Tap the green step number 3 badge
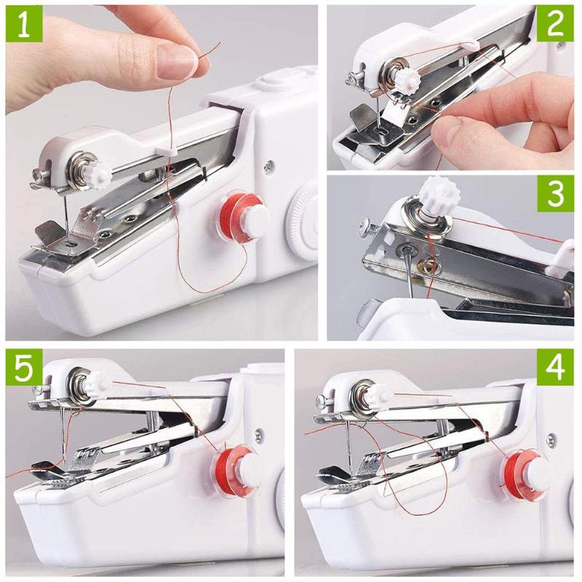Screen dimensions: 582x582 pyautogui.click(x=556, y=194)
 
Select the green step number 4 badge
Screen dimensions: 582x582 pyautogui.click(x=556, y=368)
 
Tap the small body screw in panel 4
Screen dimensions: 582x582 pyautogui.click(x=551, y=439)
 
